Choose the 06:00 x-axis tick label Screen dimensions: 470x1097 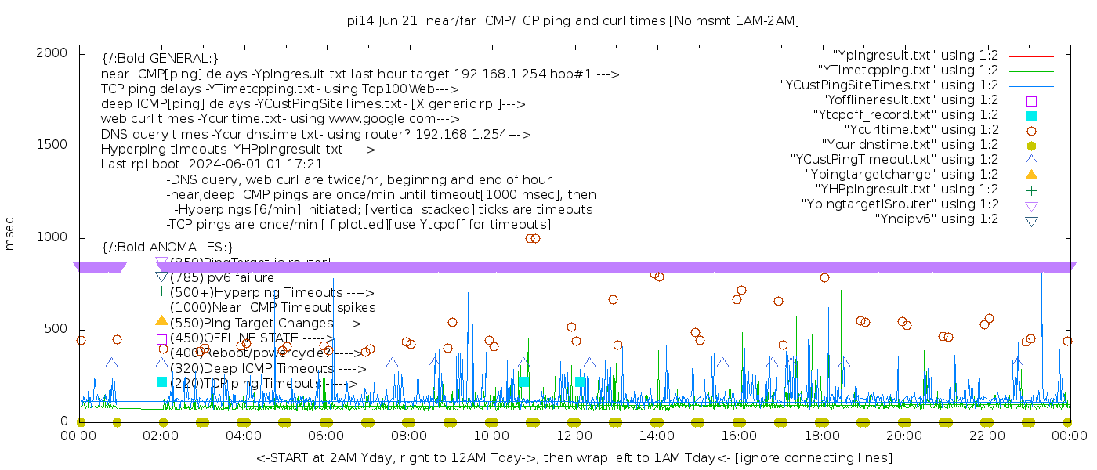coord(326,436)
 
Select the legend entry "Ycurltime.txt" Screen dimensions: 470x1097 coord(921,130)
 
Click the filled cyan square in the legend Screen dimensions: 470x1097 coord(1031,116)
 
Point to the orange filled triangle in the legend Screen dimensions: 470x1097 coord(1031,175)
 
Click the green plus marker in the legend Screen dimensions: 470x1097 coord(1031,190)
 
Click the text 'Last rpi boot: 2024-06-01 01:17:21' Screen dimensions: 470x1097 coord(212,164)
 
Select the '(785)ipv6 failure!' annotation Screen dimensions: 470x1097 coord(224,277)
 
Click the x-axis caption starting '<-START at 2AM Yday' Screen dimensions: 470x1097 coord(574,457)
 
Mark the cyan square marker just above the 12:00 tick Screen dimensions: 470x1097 coord(581,381)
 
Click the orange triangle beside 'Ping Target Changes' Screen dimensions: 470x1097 coord(161,320)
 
